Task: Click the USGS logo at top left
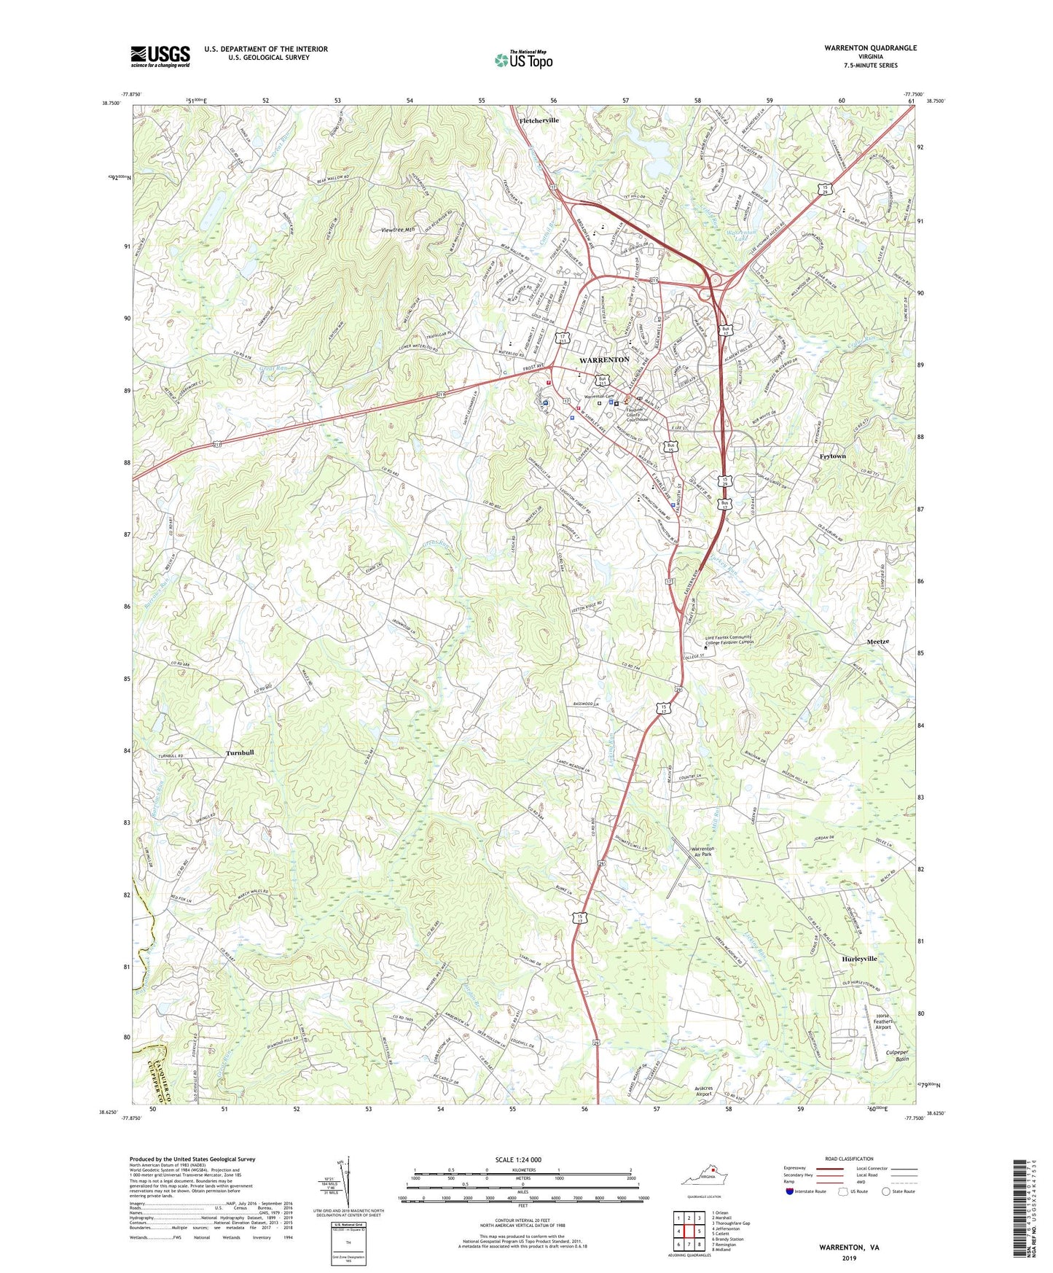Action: tap(160, 56)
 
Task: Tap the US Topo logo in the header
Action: tap(523, 60)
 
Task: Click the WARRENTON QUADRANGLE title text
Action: tap(870, 48)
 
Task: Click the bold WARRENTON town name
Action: tap(604, 360)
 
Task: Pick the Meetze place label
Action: tap(877, 642)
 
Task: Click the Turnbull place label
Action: tap(240, 752)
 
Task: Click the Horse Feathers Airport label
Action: tap(882, 1021)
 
